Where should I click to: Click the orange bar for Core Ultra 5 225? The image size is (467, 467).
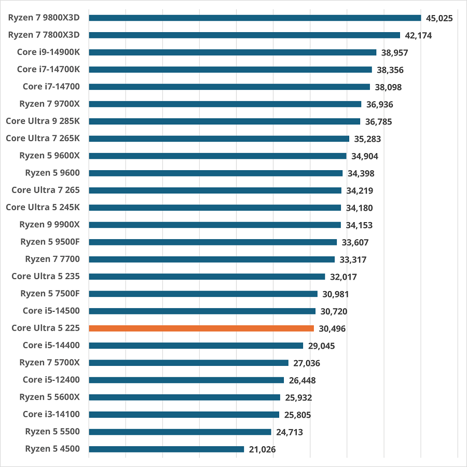[201, 328]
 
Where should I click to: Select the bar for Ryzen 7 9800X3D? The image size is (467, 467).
[255, 18]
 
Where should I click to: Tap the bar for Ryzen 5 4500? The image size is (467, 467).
[166, 449]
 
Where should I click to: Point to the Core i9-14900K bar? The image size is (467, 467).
[232, 52]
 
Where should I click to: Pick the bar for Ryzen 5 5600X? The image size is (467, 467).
[184, 397]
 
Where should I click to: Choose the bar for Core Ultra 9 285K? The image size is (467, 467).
[224, 121]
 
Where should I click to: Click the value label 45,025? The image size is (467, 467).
[439, 19]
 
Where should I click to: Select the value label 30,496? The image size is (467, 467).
[332, 329]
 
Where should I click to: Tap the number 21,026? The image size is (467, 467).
[262, 449]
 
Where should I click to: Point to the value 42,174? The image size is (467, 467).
[418, 36]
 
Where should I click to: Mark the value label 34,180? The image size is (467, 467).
[359, 208]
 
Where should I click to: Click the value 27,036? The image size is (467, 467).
[306, 363]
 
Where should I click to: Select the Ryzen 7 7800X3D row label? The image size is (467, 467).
[44, 35]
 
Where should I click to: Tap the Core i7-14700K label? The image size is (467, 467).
[48, 69]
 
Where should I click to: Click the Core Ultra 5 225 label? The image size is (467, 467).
[46, 328]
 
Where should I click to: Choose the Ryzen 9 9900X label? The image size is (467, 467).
[50, 224]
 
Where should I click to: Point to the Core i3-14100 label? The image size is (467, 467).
[51, 414]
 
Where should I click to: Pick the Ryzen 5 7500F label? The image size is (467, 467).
[50, 293]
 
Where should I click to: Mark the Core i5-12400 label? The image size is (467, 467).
[51, 379]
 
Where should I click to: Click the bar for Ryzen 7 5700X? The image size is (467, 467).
[188, 363]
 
